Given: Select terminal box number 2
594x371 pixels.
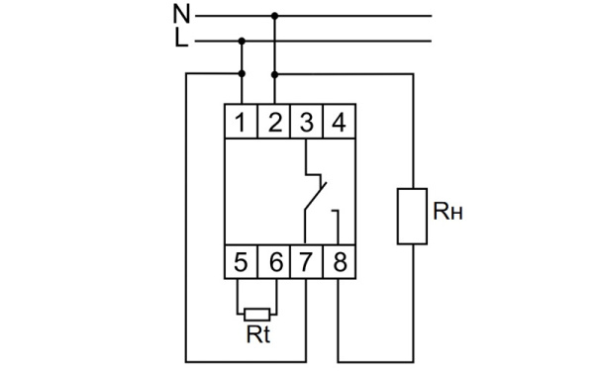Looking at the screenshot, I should coord(274,124).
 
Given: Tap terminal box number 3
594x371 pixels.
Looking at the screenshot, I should coord(307,124).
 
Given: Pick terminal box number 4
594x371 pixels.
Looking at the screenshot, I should coord(339,124).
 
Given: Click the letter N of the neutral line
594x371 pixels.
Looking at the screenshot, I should coord(181,15).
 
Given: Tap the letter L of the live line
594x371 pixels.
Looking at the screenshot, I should coord(180,40).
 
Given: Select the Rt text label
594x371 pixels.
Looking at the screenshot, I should coord(258,334).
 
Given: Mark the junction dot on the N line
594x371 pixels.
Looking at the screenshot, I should coord(274,16).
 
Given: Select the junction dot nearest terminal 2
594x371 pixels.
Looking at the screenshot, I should coord(274,73).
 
